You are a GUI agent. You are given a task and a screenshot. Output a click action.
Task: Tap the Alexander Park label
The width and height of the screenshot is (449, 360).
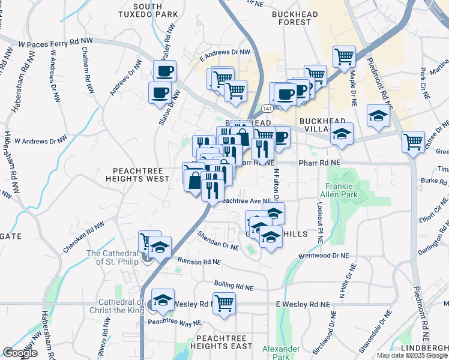click(281, 353)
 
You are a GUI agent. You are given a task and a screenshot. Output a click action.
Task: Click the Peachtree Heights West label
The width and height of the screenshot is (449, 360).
click(137, 175)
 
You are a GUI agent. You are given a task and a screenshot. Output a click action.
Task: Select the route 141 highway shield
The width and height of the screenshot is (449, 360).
click(267, 108)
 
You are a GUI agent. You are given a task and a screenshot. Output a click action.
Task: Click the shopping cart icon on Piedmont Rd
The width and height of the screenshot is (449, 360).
click(413, 142)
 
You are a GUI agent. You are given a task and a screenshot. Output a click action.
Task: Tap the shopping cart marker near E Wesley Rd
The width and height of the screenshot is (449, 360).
click(224, 303)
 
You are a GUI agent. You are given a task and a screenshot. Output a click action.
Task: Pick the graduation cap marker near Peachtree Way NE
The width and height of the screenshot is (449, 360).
click(162, 299)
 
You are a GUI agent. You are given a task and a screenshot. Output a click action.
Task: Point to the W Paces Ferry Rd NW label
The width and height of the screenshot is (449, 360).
click(56, 44)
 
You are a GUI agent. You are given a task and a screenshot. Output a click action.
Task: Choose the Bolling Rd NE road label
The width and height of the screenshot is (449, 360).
click(235, 284)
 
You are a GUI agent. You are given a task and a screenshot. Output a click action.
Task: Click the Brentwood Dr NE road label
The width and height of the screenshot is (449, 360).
click(324, 256)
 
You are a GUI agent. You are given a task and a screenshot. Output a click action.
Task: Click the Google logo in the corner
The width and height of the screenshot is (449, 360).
click(20, 353)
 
